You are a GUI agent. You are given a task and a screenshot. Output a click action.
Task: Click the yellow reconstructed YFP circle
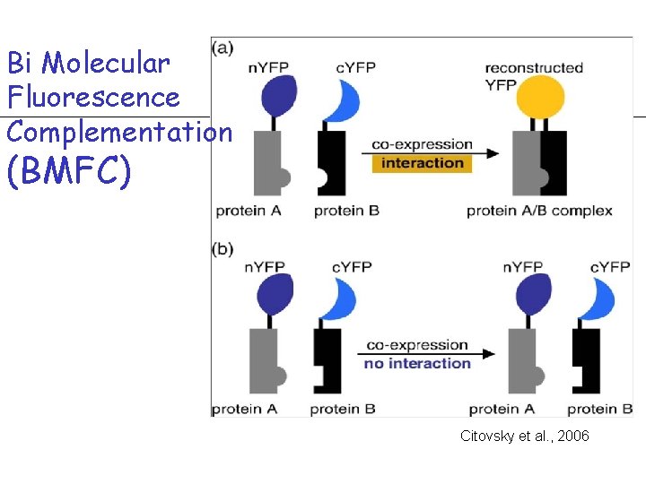pyautogui.click(x=538, y=99)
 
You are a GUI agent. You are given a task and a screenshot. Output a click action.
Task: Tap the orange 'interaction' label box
pyautogui.click(x=422, y=163)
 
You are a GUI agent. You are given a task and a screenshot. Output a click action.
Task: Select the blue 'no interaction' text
pyautogui.click(x=417, y=363)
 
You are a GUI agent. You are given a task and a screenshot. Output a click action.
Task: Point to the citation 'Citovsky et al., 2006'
pyautogui.click(x=524, y=436)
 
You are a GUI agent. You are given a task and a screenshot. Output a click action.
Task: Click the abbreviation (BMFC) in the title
pyautogui.click(x=68, y=171)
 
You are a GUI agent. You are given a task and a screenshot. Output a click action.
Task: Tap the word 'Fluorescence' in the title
pyautogui.click(x=93, y=97)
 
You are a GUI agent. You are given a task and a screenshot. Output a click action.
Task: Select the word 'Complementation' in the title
pyautogui.click(x=119, y=132)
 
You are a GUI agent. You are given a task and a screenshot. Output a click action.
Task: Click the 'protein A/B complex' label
pyautogui.click(x=539, y=212)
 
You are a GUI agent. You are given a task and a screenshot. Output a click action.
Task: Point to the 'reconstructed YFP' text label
pyautogui.click(x=534, y=76)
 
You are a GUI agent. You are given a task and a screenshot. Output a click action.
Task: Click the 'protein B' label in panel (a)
pyautogui.click(x=346, y=212)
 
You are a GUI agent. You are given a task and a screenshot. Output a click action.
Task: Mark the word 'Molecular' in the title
pyautogui.click(x=105, y=63)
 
